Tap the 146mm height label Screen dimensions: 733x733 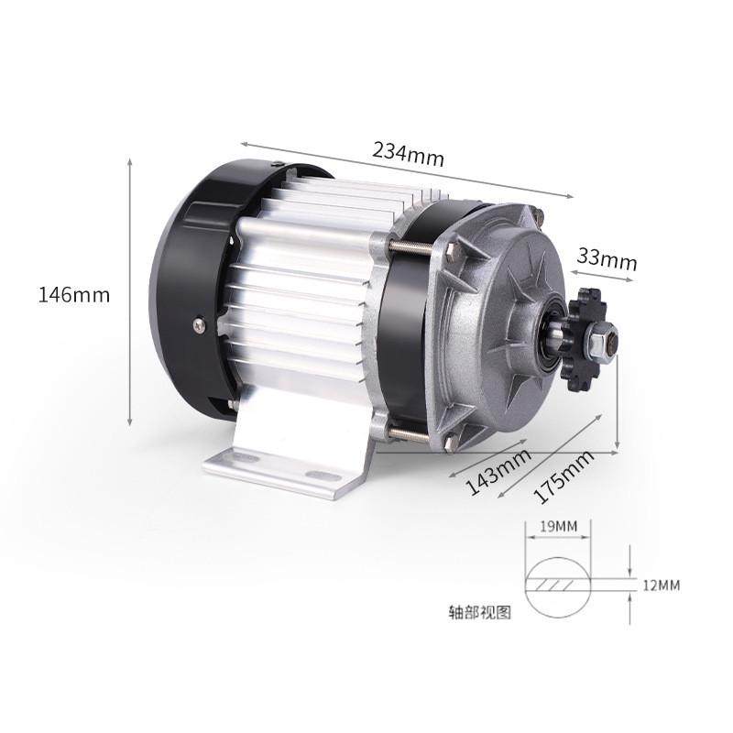pyautogui.click(x=74, y=295)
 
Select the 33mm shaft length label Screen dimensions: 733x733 pyautogui.click(x=606, y=259)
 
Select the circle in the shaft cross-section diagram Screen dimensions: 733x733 pyautogui.click(x=557, y=585)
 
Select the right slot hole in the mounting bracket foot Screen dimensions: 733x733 pyautogui.click(x=320, y=476)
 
